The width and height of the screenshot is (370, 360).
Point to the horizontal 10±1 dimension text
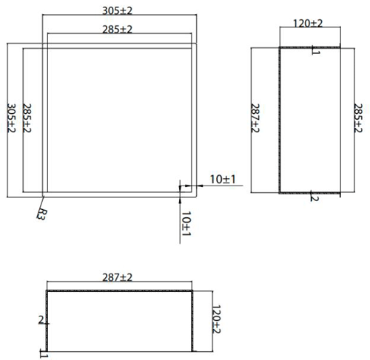[x=222, y=179]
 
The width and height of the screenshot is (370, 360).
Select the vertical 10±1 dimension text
[x=186, y=223]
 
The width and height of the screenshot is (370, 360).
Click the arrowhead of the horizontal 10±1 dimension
[x=198, y=185]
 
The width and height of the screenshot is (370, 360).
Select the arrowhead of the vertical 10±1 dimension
[x=181, y=198]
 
